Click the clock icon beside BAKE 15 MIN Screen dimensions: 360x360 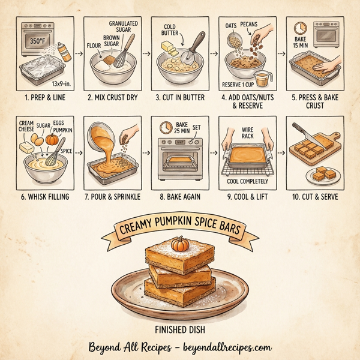pyautogui.click(x=300, y=28)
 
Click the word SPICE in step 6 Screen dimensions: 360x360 pyautogui.click(x=66, y=151)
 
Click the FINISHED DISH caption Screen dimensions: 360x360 pyautogui.click(x=179, y=328)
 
